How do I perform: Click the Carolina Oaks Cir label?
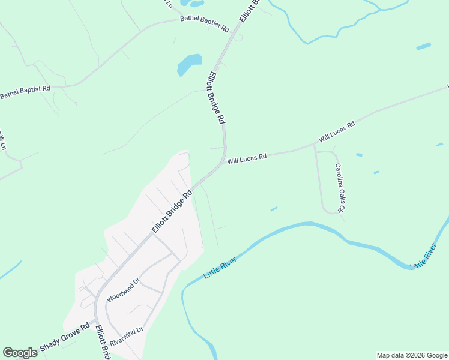[339, 188]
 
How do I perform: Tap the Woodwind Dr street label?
[122, 290]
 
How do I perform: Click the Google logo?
[20, 353]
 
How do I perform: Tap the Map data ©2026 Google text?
[412, 355]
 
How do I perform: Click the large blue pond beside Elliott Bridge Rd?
[189, 64]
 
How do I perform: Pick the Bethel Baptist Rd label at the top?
[205, 24]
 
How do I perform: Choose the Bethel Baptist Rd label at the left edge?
[25, 92]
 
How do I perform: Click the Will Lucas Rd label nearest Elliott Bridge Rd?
[247, 158]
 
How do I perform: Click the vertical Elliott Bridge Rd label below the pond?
[216, 98]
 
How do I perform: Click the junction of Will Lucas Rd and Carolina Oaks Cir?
[315, 145]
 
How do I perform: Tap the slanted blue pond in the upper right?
[423, 46]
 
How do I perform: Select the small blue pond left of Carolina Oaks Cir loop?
[274, 209]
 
